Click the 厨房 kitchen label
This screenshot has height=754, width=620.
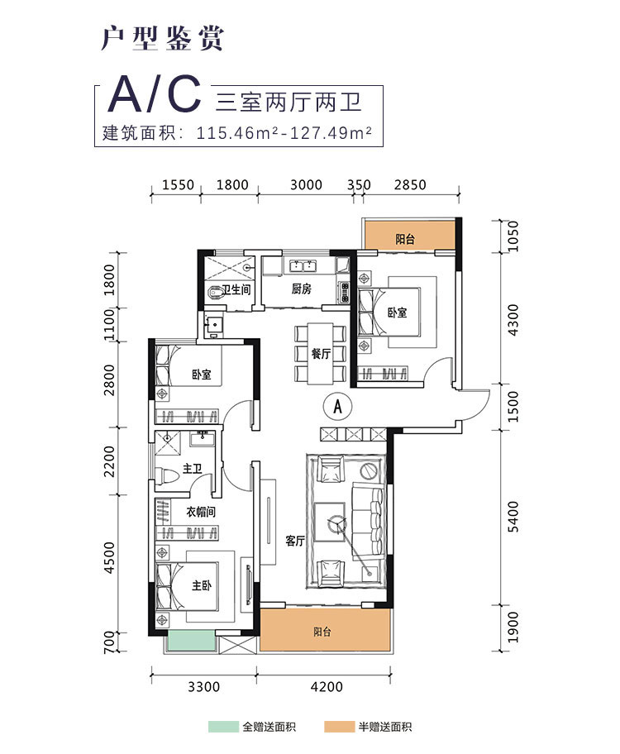click(x=301, y=289)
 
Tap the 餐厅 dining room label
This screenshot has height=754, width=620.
click(x=322, y=353)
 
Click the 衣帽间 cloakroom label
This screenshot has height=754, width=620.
click(x=200, y=512)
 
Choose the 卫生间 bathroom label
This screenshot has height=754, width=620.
click(x=236, y=289)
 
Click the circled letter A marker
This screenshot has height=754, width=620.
click(x=337, y=405)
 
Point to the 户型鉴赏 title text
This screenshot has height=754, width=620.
click(x=162, y=38)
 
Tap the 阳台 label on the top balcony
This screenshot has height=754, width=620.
click(x=405, y=240)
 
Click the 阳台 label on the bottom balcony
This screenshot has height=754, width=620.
click(x=323, y=632)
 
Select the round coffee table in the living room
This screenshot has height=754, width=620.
click(x=336, y=523)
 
